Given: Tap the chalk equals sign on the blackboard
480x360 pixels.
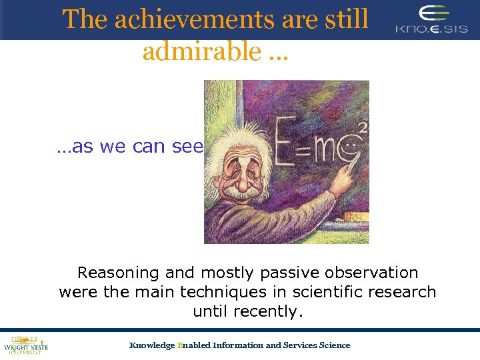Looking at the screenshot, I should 305,148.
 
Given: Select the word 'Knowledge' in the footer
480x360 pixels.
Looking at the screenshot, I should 151,345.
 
